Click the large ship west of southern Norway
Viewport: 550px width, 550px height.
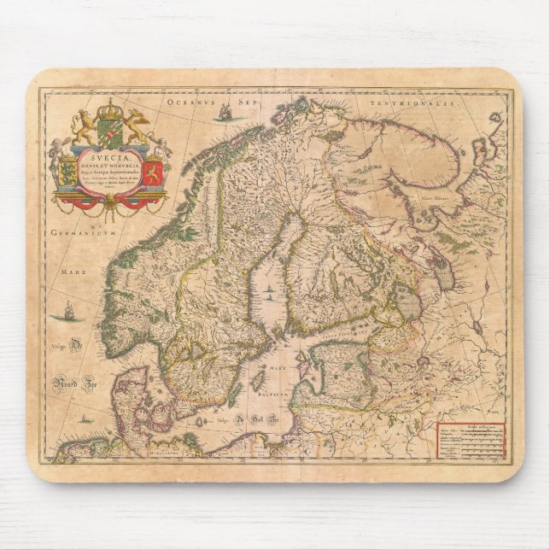pos(61,315)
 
